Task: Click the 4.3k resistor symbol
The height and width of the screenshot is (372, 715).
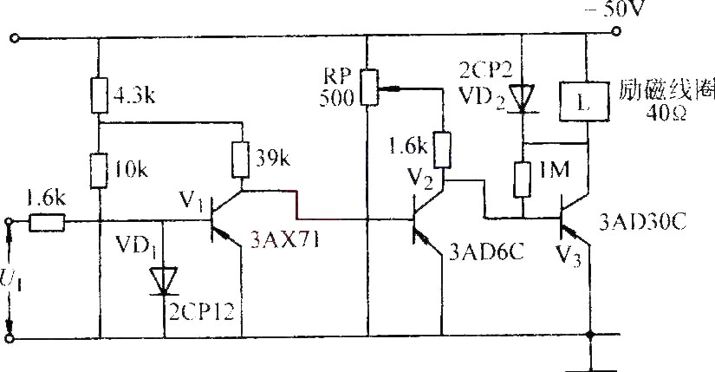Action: coord(100,95)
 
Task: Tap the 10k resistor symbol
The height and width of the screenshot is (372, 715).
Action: coord(99,171)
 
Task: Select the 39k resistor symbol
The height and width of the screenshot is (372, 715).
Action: coord(241,160)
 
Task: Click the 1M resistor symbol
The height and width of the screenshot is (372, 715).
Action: coord(523,179)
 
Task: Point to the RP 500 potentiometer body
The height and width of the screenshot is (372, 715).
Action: coord(368,88)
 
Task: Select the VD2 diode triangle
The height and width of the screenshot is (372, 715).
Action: coord(523,97)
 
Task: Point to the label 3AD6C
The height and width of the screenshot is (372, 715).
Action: coord(486,251)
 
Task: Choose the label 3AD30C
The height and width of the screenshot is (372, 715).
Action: coord(642,223)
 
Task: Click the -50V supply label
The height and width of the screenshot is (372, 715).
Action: coord(614,8)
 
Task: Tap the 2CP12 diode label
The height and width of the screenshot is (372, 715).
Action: coord(202,312)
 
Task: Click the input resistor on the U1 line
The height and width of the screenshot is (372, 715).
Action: coord(47,222)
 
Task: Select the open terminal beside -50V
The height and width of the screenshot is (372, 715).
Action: coord(616,31)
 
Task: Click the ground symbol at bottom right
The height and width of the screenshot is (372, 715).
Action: coord(591,364)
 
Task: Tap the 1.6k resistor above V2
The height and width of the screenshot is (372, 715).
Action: coord(442,149)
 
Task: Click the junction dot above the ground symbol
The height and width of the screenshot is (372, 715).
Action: coord(590,336)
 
